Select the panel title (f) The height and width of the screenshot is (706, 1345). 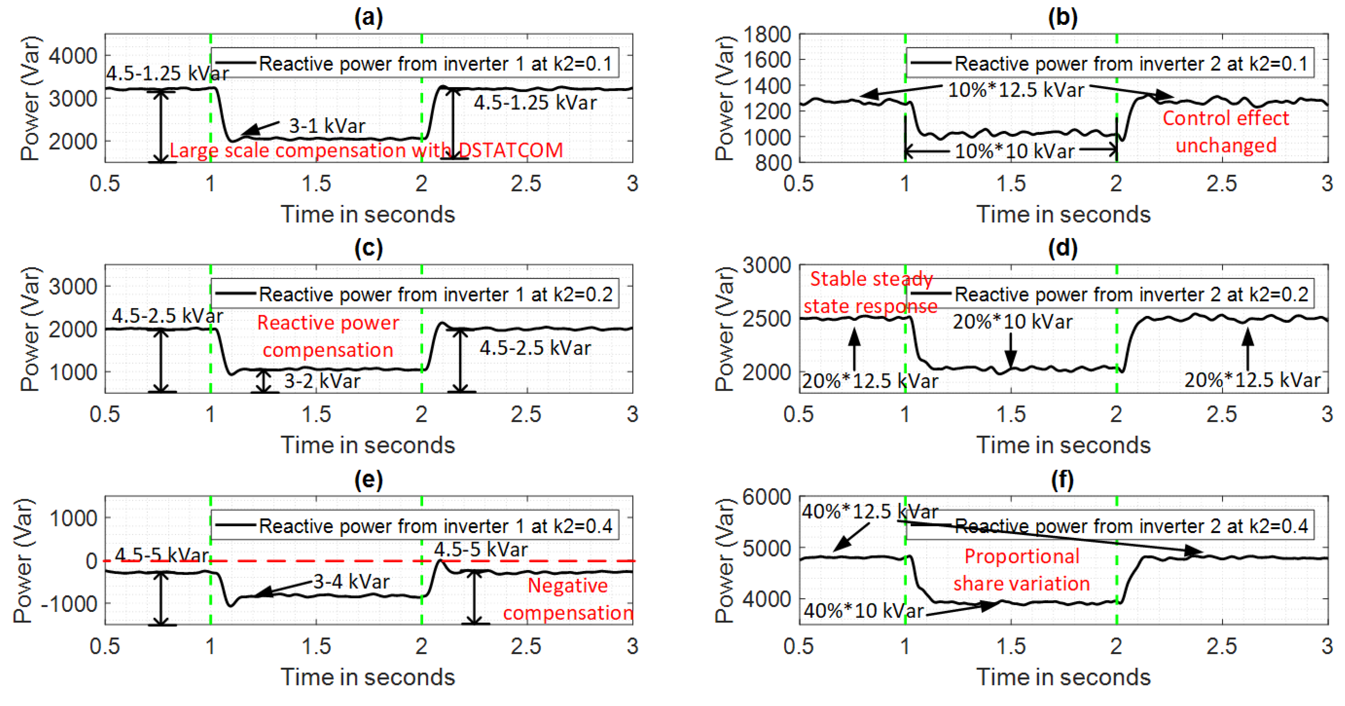(x=1063, y=479)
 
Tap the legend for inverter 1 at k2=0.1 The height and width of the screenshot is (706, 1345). (x=415, y=64)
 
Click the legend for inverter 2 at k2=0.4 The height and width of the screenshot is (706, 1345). (x=1110, y=526)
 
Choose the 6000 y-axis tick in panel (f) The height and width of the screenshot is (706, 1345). (x=766, y=497)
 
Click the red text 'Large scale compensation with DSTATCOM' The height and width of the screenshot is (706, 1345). (x=367, y=150)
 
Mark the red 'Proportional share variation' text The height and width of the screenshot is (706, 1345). (x=1022, y=570)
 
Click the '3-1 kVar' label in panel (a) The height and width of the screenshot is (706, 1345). (x=327, y=126)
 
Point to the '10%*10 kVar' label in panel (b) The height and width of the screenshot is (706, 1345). (x=1014, y=151)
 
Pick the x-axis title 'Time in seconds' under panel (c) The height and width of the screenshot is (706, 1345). (x=368, y=445)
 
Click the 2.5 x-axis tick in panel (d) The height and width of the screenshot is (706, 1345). (x=1221, y=415)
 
